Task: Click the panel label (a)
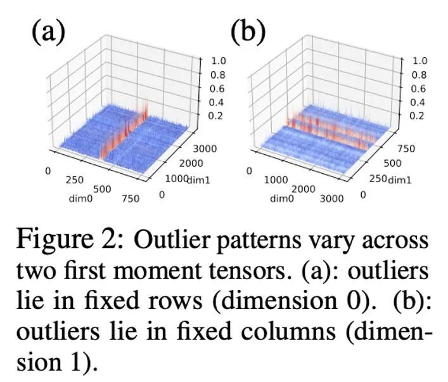(x=48, y=32)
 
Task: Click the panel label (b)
(x=248, y=32)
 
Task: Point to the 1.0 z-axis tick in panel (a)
(x=218, y=61)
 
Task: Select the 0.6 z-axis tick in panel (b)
(x=419, y=89)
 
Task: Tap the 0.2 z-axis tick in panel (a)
(x=216, y=116)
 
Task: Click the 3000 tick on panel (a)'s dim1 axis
(x=205, y=148)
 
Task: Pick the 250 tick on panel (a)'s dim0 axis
(x=75, y=180)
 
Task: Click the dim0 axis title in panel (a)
(x=81, y=199)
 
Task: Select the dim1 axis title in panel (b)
(x=399, y=180)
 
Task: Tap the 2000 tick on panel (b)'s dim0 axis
(x=304, y=190)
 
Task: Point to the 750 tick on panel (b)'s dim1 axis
(x=406, y=148)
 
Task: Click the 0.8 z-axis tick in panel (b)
(x=419, y=75)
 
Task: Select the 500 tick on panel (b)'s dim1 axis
(x=392, y=164)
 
